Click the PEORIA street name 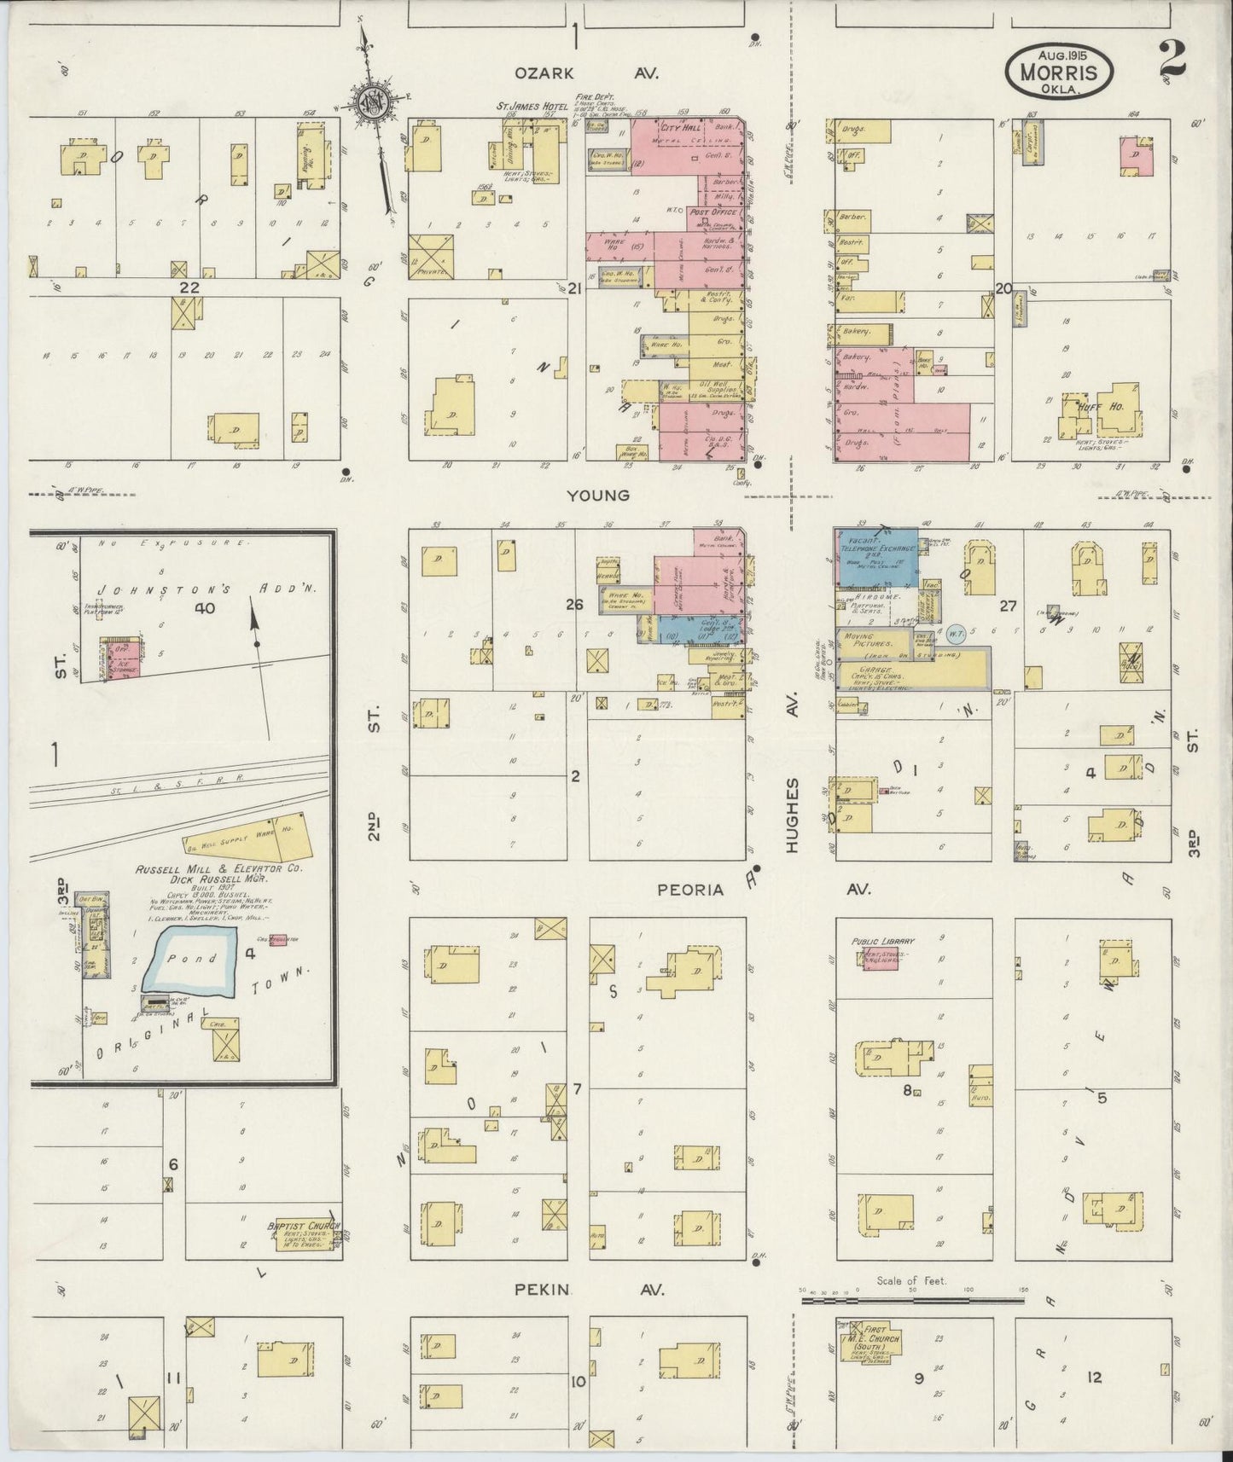689,890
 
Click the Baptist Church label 304,1227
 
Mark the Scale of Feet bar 912,1301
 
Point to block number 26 573,604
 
